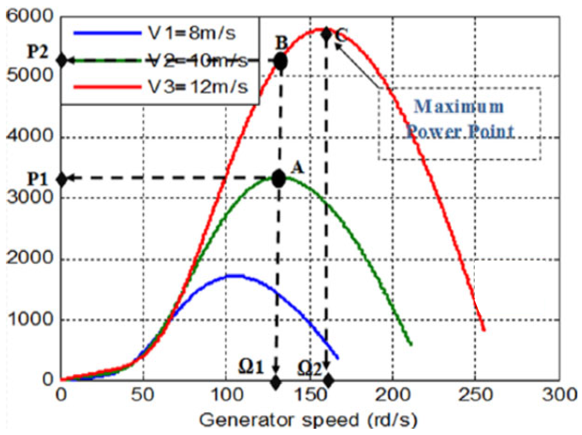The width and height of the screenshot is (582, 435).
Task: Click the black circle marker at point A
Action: [x=279, y=179]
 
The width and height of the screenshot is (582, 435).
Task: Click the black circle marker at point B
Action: [x=281, y=61]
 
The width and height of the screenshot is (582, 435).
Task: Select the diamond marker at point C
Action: [x=326, y=34]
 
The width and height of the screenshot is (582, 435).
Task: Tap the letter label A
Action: [x=298, y=168]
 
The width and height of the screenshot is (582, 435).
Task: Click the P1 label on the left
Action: [x=37, y=179]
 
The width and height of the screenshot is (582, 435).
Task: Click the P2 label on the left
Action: [x=38, y=51]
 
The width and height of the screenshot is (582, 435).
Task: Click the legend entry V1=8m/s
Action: [x=192, y=33]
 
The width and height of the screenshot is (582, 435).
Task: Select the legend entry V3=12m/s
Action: [x=198, y=87]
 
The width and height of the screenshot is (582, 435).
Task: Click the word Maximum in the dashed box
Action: [x=459, y=107]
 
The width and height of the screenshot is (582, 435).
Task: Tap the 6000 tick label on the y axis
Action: [x=30, y=16]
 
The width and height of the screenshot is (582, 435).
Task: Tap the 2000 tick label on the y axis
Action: [x=30, y=258]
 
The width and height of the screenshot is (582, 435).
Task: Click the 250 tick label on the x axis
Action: [x=475, y=394]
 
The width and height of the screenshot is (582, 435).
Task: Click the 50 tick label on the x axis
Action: [x=143, y=394]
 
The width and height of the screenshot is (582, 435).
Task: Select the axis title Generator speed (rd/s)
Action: [x=308, y=420]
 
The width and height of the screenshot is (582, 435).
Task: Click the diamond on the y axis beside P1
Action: [x=62, y=179]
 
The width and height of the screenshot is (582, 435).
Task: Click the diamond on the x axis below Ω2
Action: [x=327, y=380]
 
